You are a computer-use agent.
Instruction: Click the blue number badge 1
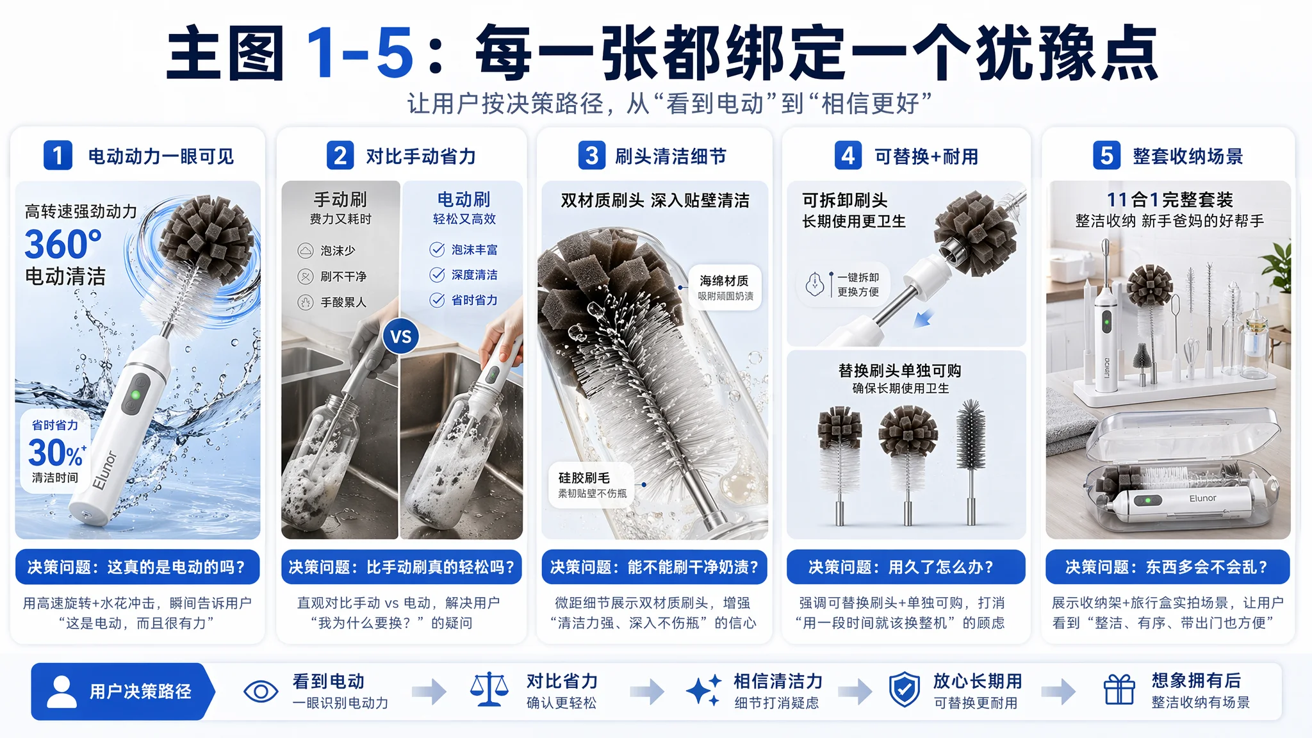pos(58,156)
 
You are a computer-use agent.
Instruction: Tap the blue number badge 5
pos(1106,156)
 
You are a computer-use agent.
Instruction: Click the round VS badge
pos(401,336)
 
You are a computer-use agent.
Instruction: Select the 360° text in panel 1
pos(63,244)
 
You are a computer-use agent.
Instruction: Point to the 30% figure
pos(56,453)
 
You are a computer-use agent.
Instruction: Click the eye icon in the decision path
pos(261,692)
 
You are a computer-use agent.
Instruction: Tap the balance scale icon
pos(489,690)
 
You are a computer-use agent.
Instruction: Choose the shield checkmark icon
pos(904,691)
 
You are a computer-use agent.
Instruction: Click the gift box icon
pos(1119,690)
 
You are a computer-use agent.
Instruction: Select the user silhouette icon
pos(61,691)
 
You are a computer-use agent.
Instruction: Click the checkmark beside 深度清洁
pos(437,275)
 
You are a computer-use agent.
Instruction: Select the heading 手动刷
pos(340,199)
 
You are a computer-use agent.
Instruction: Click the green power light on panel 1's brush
pos(135,395)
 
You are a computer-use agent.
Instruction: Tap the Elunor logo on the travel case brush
pos(1202,498)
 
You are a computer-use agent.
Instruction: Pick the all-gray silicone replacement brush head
pos(971,461)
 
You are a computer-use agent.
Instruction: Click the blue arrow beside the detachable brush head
pos(923,318)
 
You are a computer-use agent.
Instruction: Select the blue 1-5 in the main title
pos(359,53)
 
